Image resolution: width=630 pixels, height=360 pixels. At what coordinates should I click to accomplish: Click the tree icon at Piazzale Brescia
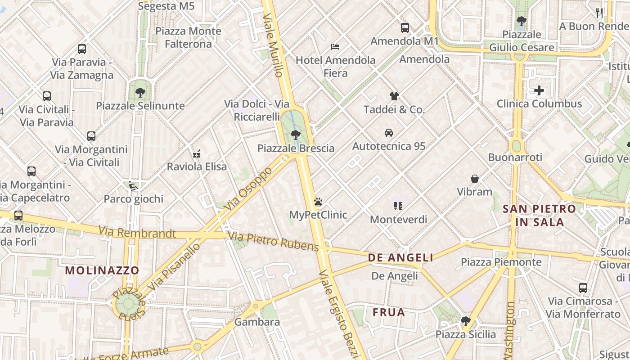pyautogui.click(x=296, y=135)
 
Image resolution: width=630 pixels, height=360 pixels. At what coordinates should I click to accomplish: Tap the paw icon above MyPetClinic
pyautogui.click(x=318, y=201)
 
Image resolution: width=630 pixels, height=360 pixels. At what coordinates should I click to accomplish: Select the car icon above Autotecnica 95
pyautogui.click(x=389, y=133)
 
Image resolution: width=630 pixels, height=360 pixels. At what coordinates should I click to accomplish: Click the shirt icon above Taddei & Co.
pyautogui.click(x=394, y=96)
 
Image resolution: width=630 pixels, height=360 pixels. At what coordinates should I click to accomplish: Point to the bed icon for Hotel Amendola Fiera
pyautogui.click(x=335, y=46)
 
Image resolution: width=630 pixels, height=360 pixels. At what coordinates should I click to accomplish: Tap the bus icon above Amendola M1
pyautogui.click(x=405, y=28)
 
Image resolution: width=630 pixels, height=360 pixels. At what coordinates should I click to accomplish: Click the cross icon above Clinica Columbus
pyautogui.click(x=539, y=90)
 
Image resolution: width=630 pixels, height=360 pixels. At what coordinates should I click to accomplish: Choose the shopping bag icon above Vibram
pyautogui.click(x=474, y=179)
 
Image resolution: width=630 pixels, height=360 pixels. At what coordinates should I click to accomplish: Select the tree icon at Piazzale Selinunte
pyautogui.click(x=140, y=93)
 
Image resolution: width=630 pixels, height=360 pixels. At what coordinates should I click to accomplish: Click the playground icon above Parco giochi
pyautogui.click(x=133, y=185)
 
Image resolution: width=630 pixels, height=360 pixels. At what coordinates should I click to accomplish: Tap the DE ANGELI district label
pyautogui.click(x=400, y=257)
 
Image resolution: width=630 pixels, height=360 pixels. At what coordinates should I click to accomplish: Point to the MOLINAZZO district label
pyautogui.click(x=102, y=270)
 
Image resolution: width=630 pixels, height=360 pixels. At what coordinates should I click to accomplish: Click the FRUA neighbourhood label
pyautogui.click(x=389, y=312)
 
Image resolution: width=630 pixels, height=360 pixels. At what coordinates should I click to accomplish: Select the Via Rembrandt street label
pyautogui.click(x=137, y=233)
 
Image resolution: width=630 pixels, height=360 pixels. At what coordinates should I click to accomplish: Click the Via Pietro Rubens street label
pyautogui.click(x=273, y=242)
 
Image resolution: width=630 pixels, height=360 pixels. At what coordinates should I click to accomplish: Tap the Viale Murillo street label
pyautogui.click(x=274, y=45)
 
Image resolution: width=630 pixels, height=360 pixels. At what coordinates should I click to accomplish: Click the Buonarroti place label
pyautogui.click(x=515, y=157)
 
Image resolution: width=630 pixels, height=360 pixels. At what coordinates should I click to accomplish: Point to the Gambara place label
pyautogui.click(x=257, y=322)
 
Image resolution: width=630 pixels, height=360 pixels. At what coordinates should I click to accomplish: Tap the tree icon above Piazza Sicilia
pyautogui.click(x=465, y=321)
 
